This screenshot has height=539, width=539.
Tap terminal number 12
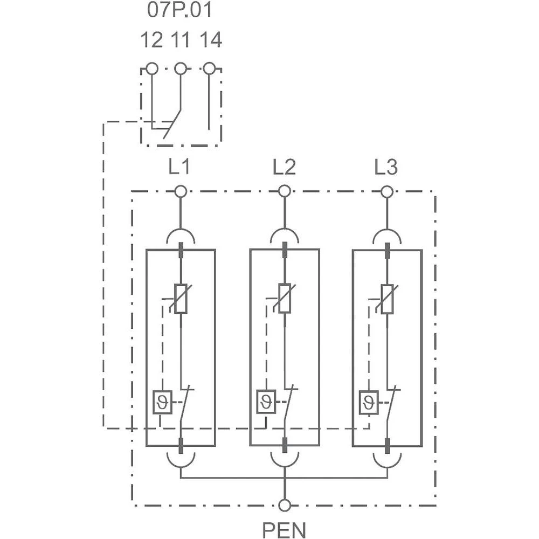point(151,40)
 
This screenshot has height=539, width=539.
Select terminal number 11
point(181,40)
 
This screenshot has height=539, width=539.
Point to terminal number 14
point(210,40)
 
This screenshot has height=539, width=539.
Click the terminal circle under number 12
point(152,68)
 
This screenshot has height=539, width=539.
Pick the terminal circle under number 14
point(210,68)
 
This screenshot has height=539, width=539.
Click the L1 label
point(179,168)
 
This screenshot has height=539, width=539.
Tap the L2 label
point(284,168)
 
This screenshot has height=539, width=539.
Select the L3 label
point(386,168)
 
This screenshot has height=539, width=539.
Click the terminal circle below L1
point(181,191)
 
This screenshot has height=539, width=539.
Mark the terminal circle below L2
point(284,191)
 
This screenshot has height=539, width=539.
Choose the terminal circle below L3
point(386,191)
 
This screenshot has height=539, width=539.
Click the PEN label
point(284,529)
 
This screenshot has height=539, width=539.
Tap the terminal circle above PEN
point(284,505)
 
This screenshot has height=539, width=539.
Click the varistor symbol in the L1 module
point(181,298)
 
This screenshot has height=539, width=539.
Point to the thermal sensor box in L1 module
point(162,402)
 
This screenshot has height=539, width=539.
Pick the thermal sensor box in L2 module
point(266,402)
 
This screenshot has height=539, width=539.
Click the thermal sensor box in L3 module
point(368,402)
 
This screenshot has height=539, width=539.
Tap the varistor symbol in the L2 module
point(284,298)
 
